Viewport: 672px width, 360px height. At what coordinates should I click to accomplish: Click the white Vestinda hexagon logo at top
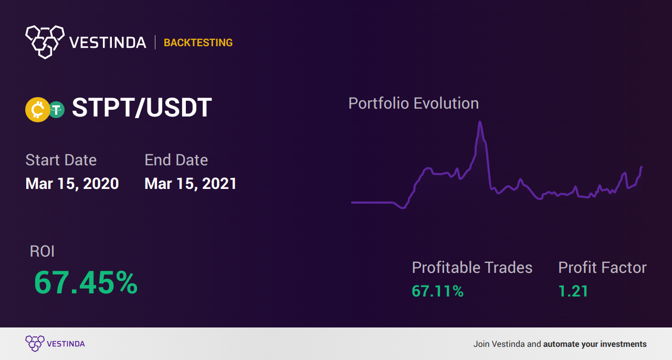pyautogui.click(x=45, y=42)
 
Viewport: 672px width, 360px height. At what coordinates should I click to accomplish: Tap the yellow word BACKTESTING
pyautogui.click(x=198, y=43)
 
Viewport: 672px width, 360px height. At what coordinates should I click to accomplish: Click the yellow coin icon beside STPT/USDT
pyautogui.click(x=37, y=110)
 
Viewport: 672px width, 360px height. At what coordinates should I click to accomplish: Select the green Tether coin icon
pyautogui.click(x=57, y=110)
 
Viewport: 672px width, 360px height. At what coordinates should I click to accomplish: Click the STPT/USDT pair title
pyautogui.click(x=142, y=108)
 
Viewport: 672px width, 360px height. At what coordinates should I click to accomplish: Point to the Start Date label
pyautogui.click(x=61, y=160)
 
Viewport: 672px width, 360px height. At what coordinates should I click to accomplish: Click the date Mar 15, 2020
pyautogui.click(x=72, y=184)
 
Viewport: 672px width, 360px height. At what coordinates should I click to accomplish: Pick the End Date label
pyautogui.click(x=176, y=160)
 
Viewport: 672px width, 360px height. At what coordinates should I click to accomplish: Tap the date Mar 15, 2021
pyautogui.click(x=191, y=184)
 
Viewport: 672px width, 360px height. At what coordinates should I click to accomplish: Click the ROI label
pyautogui.click(x=42, y=251)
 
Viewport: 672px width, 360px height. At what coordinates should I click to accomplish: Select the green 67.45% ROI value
pyautogui.click(x=86, y=282)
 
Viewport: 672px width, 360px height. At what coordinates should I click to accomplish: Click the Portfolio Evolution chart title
pyautogui.click(x=413, y=103)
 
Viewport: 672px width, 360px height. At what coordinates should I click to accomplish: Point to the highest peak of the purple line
pyautogui.click(x=480, y=122)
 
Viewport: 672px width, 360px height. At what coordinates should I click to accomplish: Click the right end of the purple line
pyautogui.click(x=642, y=167)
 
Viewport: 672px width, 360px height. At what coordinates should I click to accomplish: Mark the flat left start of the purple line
pyautogui.click(x=352, y=203)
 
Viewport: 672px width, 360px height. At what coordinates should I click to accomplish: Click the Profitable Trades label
pyautogui.click(x=472, y=267)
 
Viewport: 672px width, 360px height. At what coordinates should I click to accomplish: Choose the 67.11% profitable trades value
pyautogui.click(x=437, y=291)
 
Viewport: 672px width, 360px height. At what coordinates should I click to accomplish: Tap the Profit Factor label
pyautogui.click(x=602, y=267)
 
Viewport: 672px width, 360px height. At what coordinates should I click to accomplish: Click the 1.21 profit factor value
pyautogui.click(x=573, y=291)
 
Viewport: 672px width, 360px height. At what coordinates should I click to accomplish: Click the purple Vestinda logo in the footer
pyautogui.click(x=55, y=344)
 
